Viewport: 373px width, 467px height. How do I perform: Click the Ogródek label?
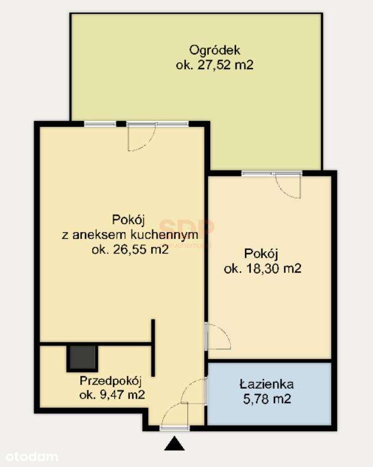click(x=214, y=50)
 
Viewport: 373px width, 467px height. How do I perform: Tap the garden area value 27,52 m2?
click(x=214, y=65)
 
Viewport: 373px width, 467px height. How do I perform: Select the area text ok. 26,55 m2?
click(x=130, y=249)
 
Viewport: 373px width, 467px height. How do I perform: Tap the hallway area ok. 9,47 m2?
click(x=112, y=395)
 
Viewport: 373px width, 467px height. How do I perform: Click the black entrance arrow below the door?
click(x=174, y=444)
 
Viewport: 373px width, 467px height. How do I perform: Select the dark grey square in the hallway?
click(x=82, y=357)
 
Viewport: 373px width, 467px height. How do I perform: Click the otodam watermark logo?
click(x=32, y=456)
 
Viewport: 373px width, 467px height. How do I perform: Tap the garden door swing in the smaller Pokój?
click(x=290, y=186)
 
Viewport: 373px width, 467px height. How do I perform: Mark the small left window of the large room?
click(x=100, y=124)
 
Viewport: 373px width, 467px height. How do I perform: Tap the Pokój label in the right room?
click(x=261, y=254)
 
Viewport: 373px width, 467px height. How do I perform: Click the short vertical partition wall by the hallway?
click(x=153, y=348)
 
